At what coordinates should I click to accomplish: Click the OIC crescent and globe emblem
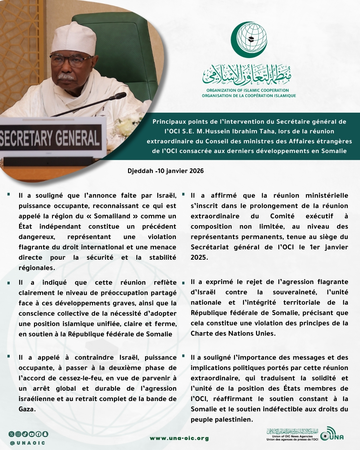(249, 39)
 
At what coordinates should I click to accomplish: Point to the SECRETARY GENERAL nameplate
(50, 137)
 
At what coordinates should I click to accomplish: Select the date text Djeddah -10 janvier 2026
(166, 171)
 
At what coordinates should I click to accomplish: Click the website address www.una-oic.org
(179, 438)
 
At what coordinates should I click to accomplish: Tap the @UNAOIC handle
(28, 443)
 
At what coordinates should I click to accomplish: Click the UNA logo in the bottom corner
(332, 434)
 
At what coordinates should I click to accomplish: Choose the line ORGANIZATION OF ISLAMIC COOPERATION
(248, 90)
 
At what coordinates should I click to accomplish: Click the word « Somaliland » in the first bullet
(112, 216)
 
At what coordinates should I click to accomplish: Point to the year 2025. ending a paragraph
(199, 257)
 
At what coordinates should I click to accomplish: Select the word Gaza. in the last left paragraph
(27, 409)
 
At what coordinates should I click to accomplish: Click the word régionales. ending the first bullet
(37, 268)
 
